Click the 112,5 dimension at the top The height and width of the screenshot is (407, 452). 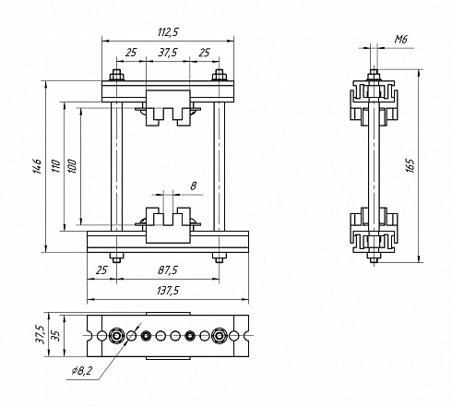168,32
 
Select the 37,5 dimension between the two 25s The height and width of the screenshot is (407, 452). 168,53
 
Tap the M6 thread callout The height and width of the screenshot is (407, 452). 400,40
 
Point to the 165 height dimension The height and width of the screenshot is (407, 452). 410,165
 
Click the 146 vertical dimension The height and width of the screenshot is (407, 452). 38,166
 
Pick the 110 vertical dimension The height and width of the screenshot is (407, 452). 56,166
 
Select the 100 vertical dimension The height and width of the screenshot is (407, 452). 72,166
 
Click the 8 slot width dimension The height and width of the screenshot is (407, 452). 193,186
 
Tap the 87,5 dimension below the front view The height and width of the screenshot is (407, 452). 168,270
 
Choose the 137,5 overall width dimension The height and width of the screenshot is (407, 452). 168,291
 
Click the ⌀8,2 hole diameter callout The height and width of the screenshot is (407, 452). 82,371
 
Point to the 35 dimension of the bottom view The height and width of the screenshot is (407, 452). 56,335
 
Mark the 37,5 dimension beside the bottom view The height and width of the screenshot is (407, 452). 41,335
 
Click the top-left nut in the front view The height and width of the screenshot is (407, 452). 116,76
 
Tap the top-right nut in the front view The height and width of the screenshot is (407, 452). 220,76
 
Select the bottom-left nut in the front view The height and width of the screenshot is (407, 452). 116,257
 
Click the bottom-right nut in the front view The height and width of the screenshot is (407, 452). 220,257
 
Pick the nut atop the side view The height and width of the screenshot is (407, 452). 374,75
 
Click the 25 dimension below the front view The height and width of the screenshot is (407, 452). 101,270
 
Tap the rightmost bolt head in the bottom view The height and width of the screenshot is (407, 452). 220,336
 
